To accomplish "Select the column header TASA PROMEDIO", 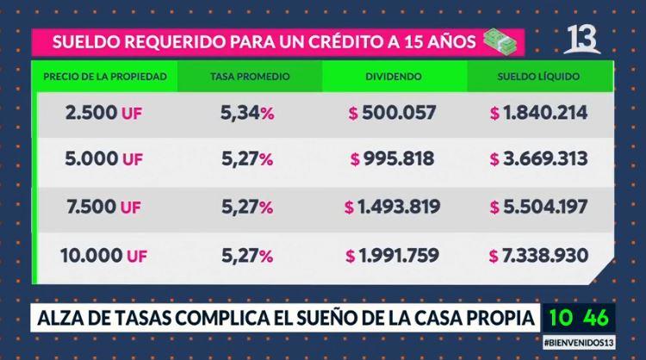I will pos(250,77).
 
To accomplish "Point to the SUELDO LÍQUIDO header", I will pos(538,77).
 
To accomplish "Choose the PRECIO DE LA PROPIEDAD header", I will pos(104,77).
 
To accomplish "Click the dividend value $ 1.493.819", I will pos(392,207).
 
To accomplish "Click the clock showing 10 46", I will pos(579,317).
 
